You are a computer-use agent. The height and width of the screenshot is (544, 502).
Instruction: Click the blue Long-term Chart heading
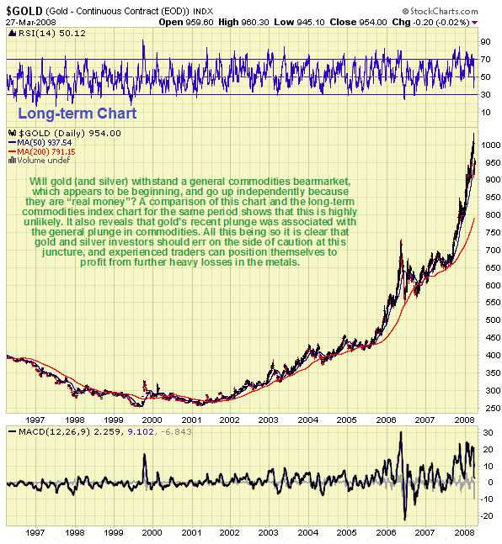coord(77,113)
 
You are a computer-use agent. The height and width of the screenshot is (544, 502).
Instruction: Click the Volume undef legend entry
coord(40,159)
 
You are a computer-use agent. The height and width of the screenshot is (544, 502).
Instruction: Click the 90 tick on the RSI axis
coord(486,40)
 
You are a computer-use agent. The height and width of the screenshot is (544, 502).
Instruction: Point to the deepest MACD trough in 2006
coord(405,519)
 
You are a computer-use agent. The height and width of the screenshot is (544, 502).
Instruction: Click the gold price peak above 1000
coord(473,135)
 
